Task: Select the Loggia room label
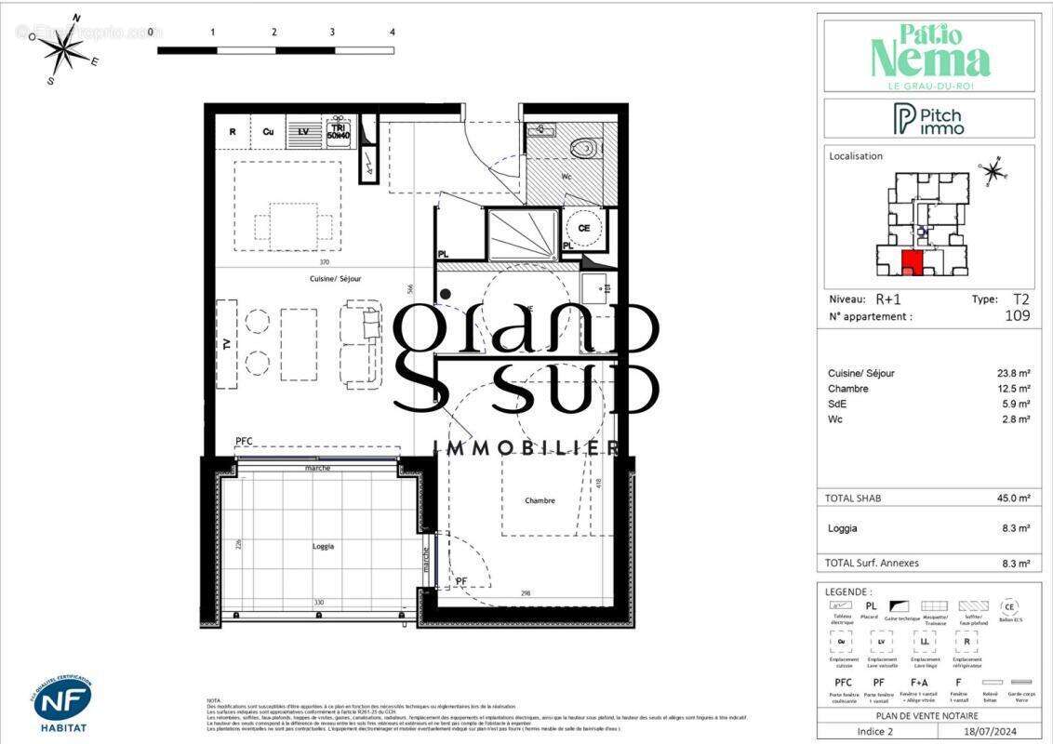pos(323,546)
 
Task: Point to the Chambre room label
pos(540,500)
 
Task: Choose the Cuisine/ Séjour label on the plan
pos(336,278)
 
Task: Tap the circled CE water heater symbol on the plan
pos(584,228)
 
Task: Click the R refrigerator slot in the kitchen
pos(233,132)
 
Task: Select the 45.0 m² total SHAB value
pos(1013,498)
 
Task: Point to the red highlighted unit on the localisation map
pos(913,263)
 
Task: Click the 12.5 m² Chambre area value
pos(1013,389)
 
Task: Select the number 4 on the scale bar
pos(393,32)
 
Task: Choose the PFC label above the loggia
pos(244,441)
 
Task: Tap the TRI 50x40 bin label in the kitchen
pos(338,132)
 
